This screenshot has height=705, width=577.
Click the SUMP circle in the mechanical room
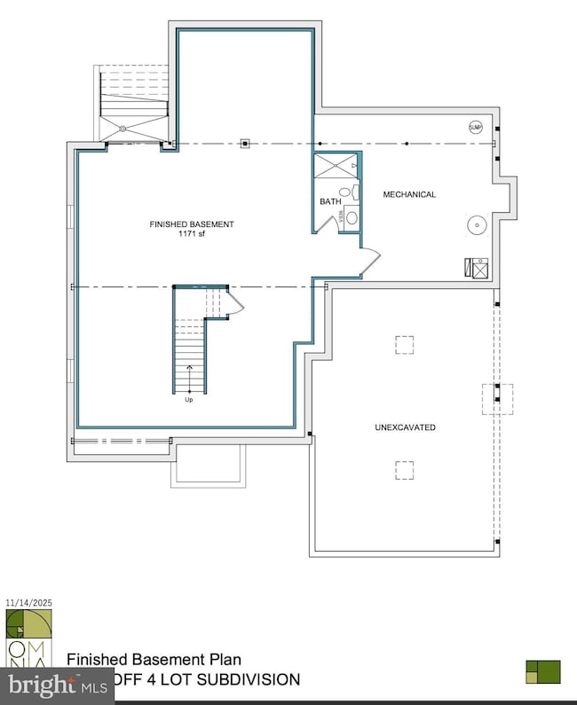476,128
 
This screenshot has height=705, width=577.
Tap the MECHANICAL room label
409,194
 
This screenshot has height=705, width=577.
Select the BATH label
330,202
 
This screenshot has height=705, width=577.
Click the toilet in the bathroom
351,216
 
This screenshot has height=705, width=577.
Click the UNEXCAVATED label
405,427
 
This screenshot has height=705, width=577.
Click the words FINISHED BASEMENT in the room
192,224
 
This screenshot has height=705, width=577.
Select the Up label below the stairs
189,400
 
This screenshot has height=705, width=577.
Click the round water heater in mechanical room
478,224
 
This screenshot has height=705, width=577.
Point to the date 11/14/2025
29,603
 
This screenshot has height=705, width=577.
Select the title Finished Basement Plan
154,660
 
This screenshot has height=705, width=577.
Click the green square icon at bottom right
543,671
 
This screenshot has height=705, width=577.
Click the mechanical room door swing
370,262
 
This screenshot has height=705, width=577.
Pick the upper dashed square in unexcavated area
405,345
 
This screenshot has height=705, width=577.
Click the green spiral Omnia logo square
17,624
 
